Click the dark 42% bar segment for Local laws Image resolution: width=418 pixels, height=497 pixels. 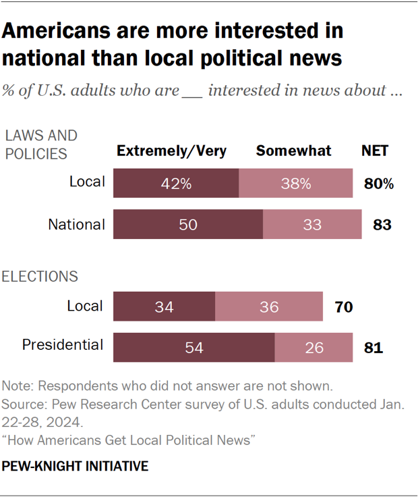click(176, 183)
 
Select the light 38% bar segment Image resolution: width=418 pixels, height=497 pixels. click(296, 183)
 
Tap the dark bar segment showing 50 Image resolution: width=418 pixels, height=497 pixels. click(188, 225)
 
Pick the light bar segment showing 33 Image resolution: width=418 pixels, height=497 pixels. click(311, 225)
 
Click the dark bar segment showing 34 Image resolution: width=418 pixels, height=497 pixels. click(164, 307)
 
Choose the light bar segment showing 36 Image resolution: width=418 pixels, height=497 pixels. click(268, 307)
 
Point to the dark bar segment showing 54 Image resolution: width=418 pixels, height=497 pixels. click(193, 348)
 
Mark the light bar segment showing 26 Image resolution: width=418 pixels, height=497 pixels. click(313, 348)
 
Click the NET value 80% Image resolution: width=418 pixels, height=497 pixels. click(380, 184)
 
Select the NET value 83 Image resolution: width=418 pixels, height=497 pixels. click(382, 225)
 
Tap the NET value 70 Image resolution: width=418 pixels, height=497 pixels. click(344, 307)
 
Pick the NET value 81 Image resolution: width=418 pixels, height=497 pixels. click(374, 348)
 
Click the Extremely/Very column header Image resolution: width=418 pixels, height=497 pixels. click(172, 151)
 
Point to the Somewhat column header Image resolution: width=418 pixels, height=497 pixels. click(293, 151)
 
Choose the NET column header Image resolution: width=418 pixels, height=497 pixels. click(374, 151)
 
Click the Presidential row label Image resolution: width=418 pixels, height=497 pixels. click(63, 345)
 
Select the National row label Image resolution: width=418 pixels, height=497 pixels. click(76, 224)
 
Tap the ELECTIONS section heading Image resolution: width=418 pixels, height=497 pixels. click(40, 276)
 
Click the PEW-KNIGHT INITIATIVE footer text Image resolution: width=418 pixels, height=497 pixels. click(76, 467)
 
